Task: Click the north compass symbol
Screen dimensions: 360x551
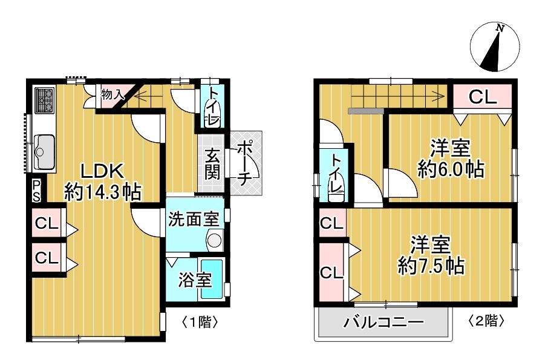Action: coord(495,46)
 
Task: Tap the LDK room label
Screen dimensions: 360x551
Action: coord(100,169)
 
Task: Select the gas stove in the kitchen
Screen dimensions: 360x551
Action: coord(44,101)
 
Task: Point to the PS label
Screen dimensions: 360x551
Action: coord(36,190)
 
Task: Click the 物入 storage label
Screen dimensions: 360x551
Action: coord(112,94)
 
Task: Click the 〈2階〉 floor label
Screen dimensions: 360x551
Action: coord(487,319)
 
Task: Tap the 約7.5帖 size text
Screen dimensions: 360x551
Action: coord(431,265)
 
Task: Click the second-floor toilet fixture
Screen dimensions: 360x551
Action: coord(335,185)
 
